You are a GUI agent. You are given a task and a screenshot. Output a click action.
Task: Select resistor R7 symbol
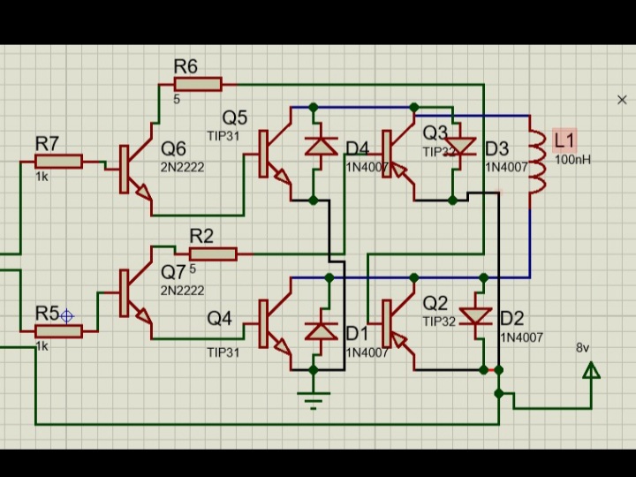(58, 161)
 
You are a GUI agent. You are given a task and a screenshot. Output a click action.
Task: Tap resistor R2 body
(212, 254)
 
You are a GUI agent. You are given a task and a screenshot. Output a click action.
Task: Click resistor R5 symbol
(58, 331)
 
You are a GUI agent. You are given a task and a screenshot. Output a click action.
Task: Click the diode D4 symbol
(321, 146)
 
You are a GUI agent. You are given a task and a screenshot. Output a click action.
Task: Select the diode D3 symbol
(460, 146)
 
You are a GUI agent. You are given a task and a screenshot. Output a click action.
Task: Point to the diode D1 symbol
(321, 331)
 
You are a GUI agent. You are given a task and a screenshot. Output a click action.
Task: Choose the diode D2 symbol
(477, 315)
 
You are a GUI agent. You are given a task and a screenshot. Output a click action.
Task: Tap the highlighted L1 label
(564, 140)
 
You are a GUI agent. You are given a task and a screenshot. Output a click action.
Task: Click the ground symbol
(312, 397)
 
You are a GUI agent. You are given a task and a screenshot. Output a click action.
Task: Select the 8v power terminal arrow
(591, 370)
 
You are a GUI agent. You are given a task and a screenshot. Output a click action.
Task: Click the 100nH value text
(572, 160)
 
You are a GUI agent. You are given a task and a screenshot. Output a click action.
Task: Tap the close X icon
(622, 100)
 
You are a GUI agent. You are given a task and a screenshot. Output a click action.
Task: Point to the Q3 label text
(435, 132)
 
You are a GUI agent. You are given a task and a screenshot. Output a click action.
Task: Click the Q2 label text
(435, 303)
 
